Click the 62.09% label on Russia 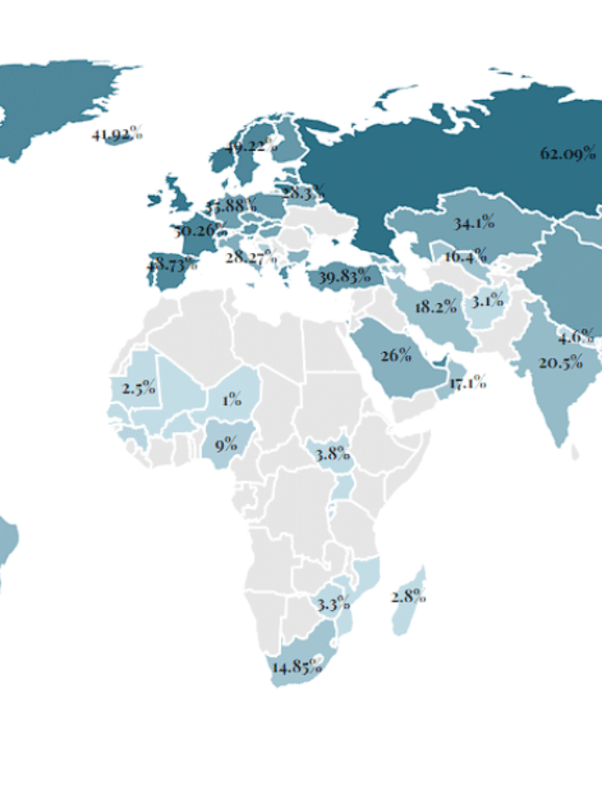tap(567, 153)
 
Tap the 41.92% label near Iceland tap(117, 134)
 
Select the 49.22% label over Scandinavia tap(252, 146)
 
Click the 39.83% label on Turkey tap(345, 276)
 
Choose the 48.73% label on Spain tap(171, 266)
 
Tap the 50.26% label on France tap(198, 231)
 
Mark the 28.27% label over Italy tap(250, 256)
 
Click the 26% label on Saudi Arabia tap(396, 355)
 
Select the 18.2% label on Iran tap(436, 306)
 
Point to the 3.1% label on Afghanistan tap(488, 301)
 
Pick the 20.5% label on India tap(561, 363)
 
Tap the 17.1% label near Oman tap(467, 382)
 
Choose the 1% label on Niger tap(230, 399)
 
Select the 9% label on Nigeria tap(226, 444)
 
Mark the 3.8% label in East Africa tap(332, 454)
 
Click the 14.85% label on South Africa tap(296, 667)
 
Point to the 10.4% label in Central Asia tap(465, 256)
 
